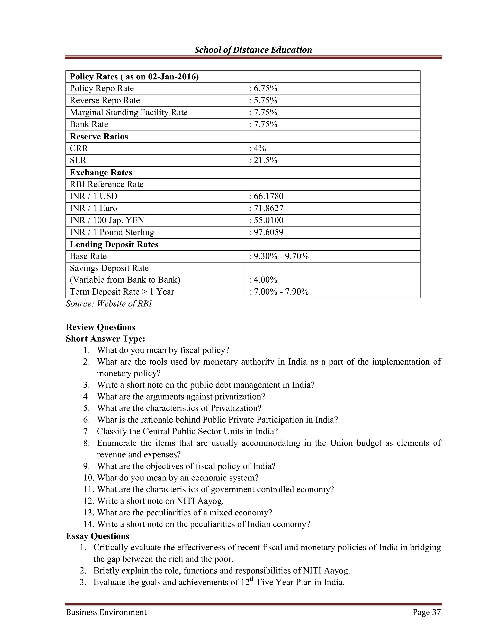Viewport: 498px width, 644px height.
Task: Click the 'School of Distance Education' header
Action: (x=253, y=50)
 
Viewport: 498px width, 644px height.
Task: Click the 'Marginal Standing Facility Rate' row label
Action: (x=129, y=112)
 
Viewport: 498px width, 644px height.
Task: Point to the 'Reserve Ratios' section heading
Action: (x=99, y=137)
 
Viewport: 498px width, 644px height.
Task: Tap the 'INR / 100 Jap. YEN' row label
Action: (x=107, y=220)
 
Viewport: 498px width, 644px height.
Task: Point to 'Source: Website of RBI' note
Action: (x=108, y=304)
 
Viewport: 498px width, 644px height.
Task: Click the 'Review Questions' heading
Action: (x=101, y=327)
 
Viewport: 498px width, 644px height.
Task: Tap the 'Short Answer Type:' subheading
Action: (x=106, y=339)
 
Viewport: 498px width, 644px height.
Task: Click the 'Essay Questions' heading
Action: (x=98, y=536)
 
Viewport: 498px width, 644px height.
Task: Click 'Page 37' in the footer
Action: (x=427, y=612)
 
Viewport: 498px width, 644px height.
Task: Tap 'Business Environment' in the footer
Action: (x=106, y=612)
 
